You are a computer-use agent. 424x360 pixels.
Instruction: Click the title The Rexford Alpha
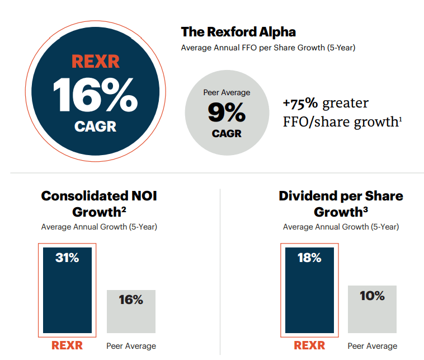(x=238, y=32)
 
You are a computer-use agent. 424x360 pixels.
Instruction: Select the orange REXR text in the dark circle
(x=95, y=61)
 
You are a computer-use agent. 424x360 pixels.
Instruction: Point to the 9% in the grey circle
(x=226, y=113)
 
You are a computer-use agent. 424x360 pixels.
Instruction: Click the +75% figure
(x=301, y=104)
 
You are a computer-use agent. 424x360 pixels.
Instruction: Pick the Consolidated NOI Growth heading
(x=99, y=204)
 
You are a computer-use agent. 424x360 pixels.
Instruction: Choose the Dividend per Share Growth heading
(x=341, y=204)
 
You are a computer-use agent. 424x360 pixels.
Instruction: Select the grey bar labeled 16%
(x=131, y=311)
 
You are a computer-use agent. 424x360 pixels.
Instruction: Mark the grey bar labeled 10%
(x=372, y=309)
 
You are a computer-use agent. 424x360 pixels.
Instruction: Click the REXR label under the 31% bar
(x=67, y=345)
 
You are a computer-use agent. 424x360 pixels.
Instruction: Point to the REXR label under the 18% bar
(x=309, y=345)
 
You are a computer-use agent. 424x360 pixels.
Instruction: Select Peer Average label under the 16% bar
(x=131, y=346)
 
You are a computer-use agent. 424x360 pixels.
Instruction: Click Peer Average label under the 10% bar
(x=372, y=346)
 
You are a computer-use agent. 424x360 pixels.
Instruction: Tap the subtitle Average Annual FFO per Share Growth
(x=268, y=48)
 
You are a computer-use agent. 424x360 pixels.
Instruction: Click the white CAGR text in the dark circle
(x=95, y=127)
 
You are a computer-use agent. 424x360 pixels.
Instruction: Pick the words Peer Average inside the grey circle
(x=226, y=92)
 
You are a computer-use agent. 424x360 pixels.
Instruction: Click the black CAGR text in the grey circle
(x=226, y=134)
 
